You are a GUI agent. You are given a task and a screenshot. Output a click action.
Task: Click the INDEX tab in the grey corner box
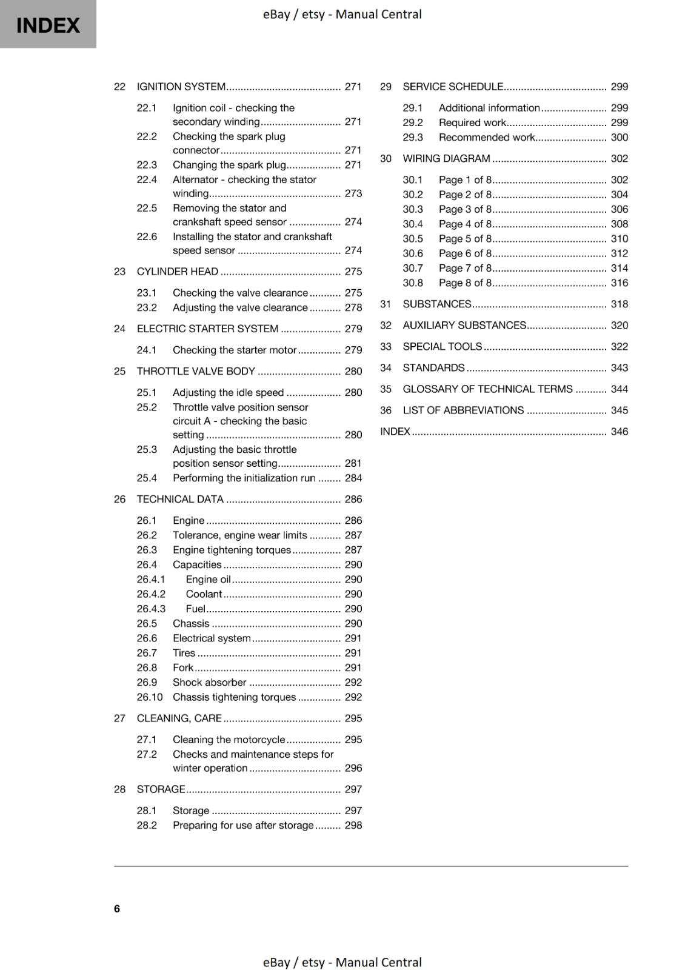48,25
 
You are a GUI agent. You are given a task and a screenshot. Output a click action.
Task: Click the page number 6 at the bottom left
117,908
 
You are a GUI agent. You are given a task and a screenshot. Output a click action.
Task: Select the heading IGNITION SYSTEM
181,87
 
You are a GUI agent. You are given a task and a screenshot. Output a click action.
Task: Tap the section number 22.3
147,165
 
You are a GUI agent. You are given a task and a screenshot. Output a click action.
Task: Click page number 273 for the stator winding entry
353,193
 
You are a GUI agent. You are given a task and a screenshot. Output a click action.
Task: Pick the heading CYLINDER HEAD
178,272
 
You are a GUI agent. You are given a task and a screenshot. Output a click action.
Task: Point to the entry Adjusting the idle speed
228,392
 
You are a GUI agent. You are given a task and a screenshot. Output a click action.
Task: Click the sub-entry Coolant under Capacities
204,594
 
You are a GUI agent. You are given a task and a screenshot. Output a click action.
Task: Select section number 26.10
150,697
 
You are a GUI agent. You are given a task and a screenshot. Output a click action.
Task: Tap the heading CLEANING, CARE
179,718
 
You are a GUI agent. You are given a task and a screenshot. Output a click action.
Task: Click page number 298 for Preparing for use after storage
353,825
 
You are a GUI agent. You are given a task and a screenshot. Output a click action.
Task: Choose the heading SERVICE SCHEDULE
453,87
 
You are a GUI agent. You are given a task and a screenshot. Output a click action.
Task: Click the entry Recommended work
487,138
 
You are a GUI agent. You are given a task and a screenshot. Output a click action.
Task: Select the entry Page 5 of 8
465,239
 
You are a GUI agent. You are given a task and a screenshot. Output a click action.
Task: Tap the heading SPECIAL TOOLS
443,347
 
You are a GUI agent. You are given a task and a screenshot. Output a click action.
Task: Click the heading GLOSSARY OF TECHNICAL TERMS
487,389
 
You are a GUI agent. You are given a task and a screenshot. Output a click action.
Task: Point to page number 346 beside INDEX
619,432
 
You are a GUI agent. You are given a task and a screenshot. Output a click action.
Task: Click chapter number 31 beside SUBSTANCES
386,304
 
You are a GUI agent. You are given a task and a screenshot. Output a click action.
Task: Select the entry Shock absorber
209,683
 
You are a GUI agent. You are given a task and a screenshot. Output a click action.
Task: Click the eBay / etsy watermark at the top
342,14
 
